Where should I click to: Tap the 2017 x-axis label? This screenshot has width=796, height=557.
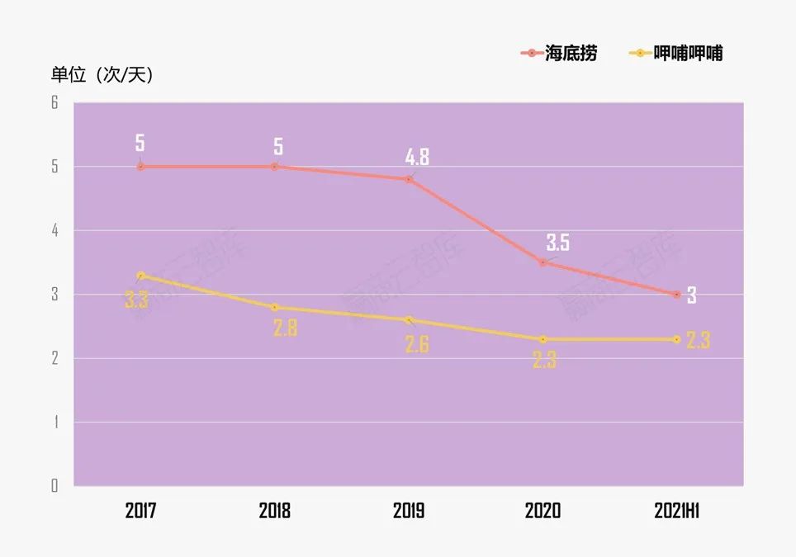pyautogui.click(x=140, y=511)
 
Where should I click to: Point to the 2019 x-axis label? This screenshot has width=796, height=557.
pyautogui.click(x=409, y=511)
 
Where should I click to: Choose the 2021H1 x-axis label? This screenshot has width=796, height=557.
pyautogui.click(x=677, y=511)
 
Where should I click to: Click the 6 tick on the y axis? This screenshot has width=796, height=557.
pyautogui.click(x=54, y=103)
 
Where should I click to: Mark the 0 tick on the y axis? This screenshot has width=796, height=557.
pyautogui.click(x=54, y=485)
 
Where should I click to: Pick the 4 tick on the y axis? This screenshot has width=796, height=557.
pyautogui.click(x=54, y=230)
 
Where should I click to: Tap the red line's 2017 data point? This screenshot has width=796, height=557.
pyautogui.click(x=140, y=167)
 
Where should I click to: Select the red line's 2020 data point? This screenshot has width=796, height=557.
pyautogui.click(x=543, y=262)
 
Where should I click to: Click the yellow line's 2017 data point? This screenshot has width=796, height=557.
pyautogui.click(x=140, y=276)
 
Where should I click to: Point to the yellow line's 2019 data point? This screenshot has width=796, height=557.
pyautogui.click(x=409, y=320)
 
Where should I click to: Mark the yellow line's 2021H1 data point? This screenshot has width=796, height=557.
pyautogui.click(x=677, y=339)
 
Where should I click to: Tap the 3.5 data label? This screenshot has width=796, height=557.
pyautogui.click(x=557, y=243)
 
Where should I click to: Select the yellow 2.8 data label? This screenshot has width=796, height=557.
pyautogui.click(x=285, y=328)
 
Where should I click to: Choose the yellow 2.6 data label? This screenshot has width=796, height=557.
pyautogui.click(x=417, y=344)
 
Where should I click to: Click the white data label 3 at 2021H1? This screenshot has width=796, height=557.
pyautogui.click(x=692, y=295)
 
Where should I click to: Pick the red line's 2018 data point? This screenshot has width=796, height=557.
pyautogui.click(x=275, y=167)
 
